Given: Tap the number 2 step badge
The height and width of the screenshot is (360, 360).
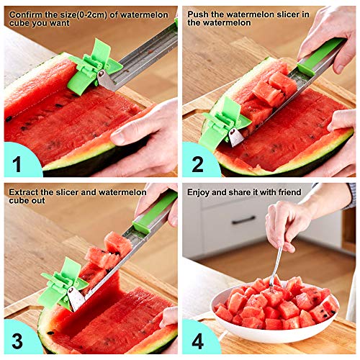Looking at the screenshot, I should pyautogui.click(x=196, y=161).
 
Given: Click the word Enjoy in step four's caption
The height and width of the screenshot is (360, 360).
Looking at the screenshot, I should pyautogui.click(x=199, y=192).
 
